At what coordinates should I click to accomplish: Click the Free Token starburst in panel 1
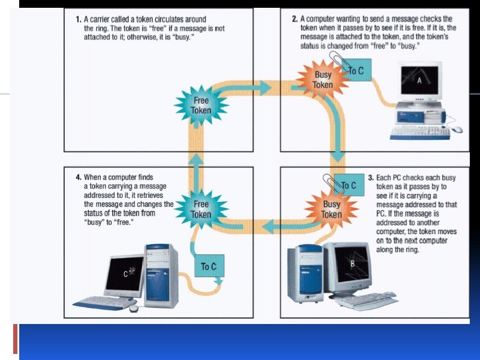pos(200,106)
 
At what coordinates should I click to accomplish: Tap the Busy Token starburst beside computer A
pos(323,80)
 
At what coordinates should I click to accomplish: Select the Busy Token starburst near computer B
pos(331,209)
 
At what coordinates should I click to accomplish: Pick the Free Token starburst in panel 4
pos(200,209)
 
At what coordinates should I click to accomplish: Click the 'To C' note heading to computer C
pos(208,266)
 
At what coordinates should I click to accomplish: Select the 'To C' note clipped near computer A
pos(356,71)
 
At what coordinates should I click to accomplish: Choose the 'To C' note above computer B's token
pos(349,185)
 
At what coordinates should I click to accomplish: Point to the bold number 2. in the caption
pos(295,19)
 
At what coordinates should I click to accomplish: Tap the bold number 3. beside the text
pos(371,178)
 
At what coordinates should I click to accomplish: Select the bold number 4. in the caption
pos(79,178)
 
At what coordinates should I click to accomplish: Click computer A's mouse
pos(457,130)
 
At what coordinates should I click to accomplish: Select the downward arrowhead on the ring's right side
pos(338,158)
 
